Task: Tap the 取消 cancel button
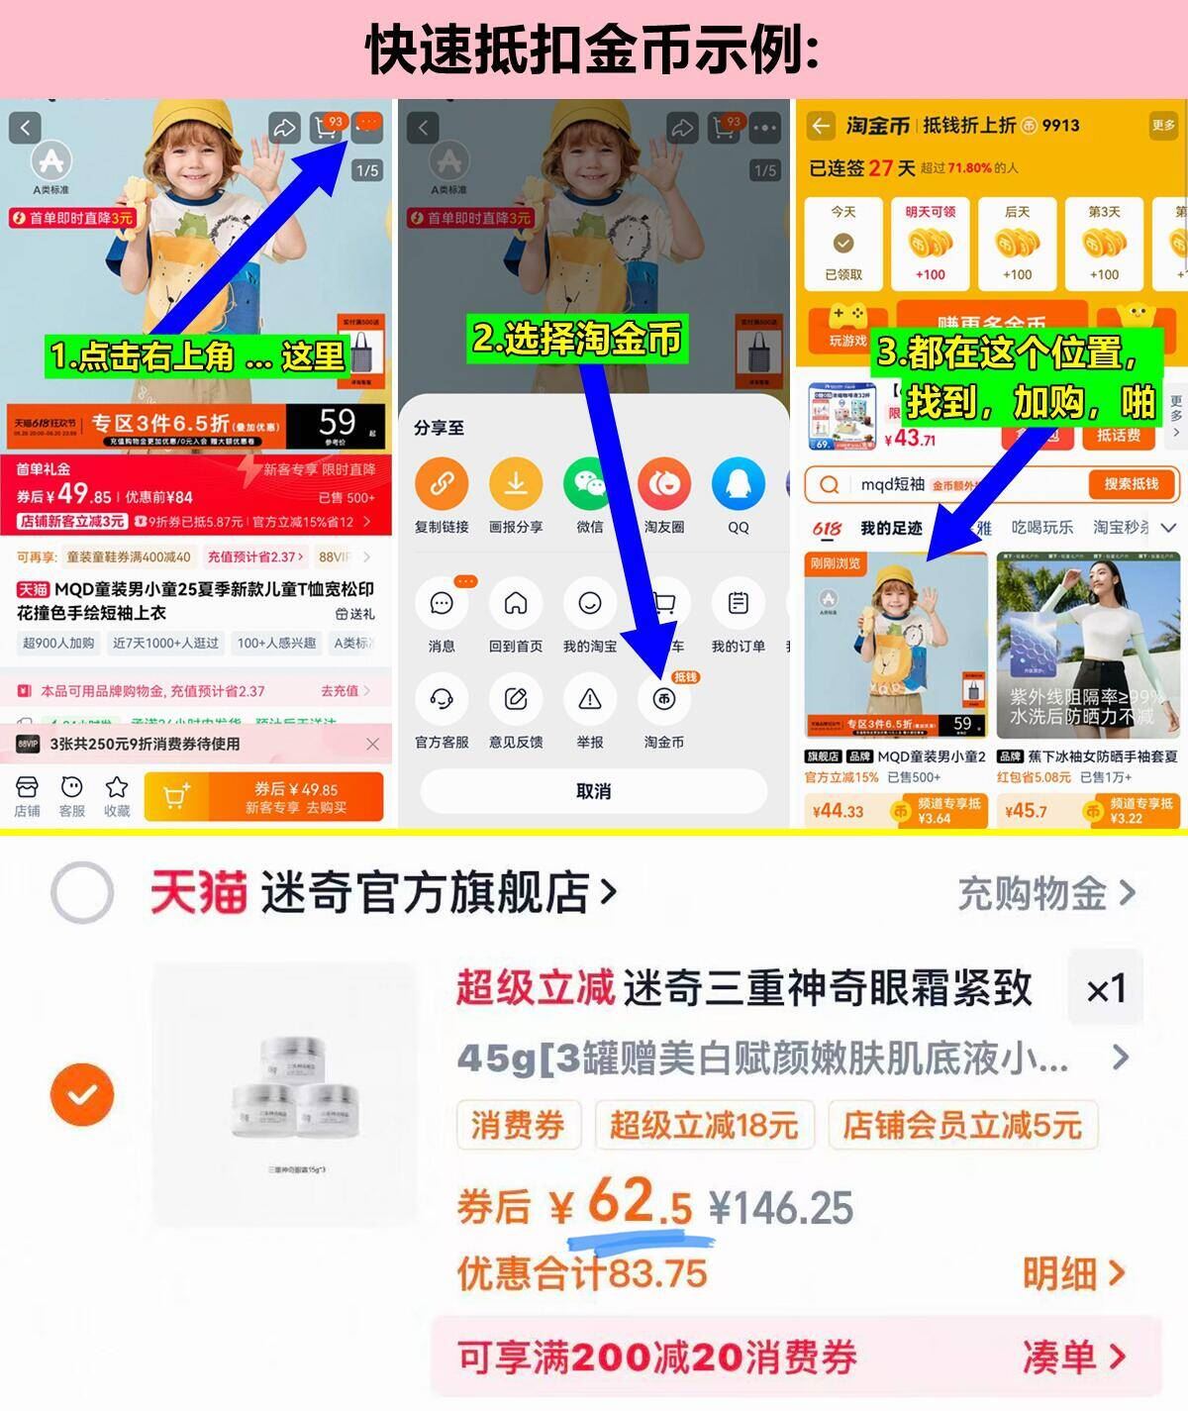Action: pos(593,791)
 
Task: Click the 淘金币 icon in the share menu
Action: pos(663,699)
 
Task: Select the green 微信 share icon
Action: pos(589,484)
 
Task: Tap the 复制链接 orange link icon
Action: pos(442,484)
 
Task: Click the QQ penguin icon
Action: pos(738,484)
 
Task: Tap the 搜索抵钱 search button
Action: pos(1130,484)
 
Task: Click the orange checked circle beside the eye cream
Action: pos(82,1094)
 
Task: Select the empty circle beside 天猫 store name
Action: pos(82,892)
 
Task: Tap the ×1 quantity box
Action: pos(1105,988)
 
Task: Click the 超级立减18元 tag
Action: pos(703,1125)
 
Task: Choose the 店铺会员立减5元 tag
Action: pos(961,1125)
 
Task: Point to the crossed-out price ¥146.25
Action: pos(781,1208)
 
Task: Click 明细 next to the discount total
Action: pos(1073,1273)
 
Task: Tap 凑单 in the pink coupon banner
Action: pos(1073,1357)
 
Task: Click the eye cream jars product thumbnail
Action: pos(286,1094)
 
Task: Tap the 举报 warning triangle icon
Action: pos(589,699)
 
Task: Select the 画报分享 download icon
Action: pos(515,484)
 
